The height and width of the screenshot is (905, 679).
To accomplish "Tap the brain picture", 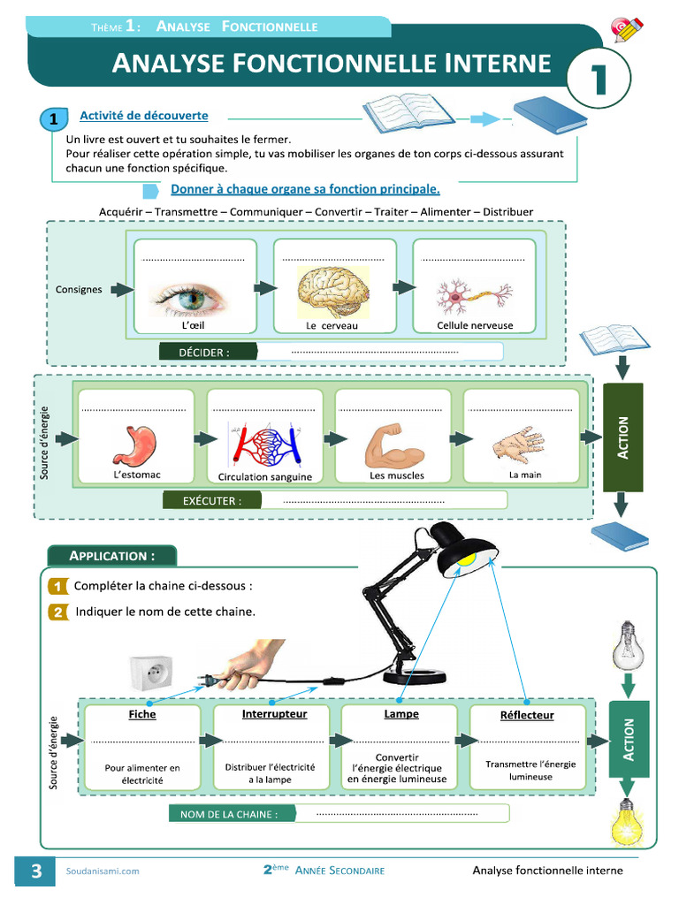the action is pos(332,292).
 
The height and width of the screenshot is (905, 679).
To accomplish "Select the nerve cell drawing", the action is pos(474,297).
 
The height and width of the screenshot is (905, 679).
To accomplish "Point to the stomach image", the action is pos(135,445).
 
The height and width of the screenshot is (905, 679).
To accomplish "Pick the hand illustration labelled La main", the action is pos(519,445).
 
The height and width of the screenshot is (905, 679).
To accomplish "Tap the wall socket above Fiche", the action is pos(150,673).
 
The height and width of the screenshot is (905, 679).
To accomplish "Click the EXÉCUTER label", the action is pos(212,500).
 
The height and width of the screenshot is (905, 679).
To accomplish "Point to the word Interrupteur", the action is pos(274,714).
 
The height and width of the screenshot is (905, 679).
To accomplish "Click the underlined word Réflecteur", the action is pos(527,715).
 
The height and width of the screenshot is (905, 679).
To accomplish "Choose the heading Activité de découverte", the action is pos(144,116).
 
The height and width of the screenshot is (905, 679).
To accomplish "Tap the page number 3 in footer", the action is pos(35,871).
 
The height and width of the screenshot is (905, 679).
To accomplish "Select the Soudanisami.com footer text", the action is pos(103,871).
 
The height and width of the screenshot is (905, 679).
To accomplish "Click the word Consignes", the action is pos(79,289).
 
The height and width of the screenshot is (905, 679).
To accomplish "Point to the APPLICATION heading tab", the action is pos(112,556).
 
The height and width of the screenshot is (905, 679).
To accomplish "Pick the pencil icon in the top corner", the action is pos(627,30).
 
